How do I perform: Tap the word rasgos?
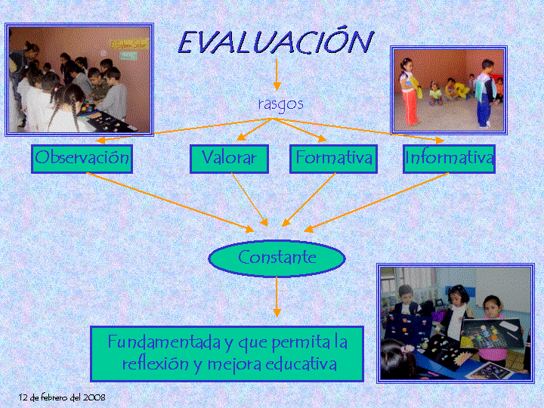280,104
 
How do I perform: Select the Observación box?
82,159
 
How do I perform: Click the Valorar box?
230,159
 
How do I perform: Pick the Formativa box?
333,159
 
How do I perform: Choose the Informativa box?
449,159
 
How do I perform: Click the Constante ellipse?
277,258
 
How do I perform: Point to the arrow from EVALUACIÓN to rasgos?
277,75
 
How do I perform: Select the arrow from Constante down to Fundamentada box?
277,297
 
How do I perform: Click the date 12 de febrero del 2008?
62,397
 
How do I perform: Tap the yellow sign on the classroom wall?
129,44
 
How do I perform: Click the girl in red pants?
409,92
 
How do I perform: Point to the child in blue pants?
485,94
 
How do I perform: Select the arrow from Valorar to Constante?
249,199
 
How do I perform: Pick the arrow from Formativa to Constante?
308,199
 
